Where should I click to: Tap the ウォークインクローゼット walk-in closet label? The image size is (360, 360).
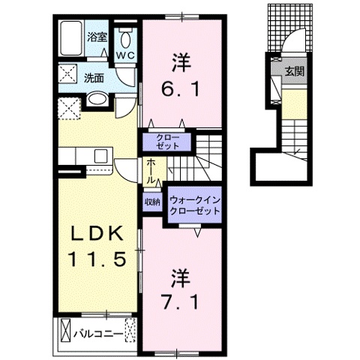[194, 205]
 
